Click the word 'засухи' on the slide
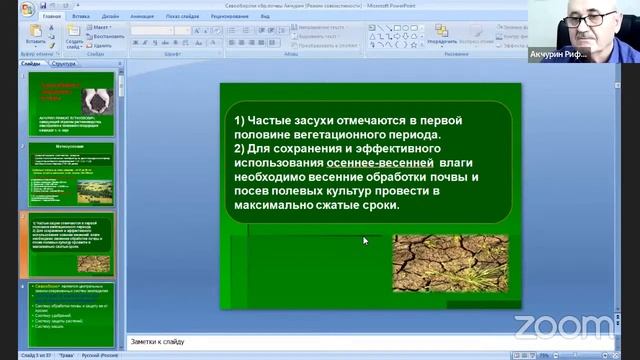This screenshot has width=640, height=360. [325, 120]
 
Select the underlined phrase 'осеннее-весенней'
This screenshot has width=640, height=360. [380, 162]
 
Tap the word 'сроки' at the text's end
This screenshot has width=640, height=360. [374, 205]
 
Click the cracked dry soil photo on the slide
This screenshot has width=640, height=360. [450, 263]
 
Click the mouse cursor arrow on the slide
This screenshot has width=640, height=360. [365, 240]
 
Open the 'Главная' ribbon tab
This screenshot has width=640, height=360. [52, 17]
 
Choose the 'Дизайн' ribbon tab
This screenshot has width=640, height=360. [111, 17]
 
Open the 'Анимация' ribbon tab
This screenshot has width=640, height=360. [143, 17]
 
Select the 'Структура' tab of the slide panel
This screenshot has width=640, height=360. [64, 63]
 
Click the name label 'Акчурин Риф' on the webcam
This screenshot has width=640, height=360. [584, 54]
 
